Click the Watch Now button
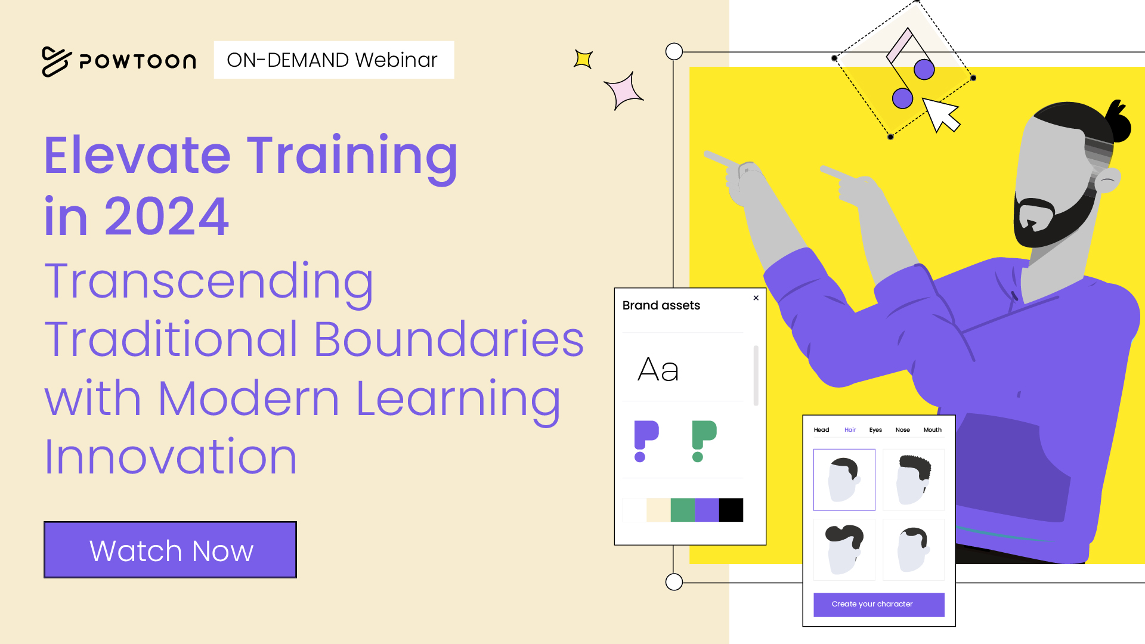point(171,550)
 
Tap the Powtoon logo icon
point(57,61)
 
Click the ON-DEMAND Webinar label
point(333,60)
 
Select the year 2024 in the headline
point(167,216)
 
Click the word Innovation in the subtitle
point(171,457)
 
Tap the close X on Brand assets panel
point(756,298)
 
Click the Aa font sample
point(658,370)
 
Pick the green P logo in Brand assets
point(704,441)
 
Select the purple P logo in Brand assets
point(646,441)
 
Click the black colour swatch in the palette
point(731,510)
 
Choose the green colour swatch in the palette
point(683,510)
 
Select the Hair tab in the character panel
point(850,430)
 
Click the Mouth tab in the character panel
point(933,430)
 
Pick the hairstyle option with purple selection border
point(844,480)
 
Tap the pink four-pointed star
point(624,91)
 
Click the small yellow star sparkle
point(583,59)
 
